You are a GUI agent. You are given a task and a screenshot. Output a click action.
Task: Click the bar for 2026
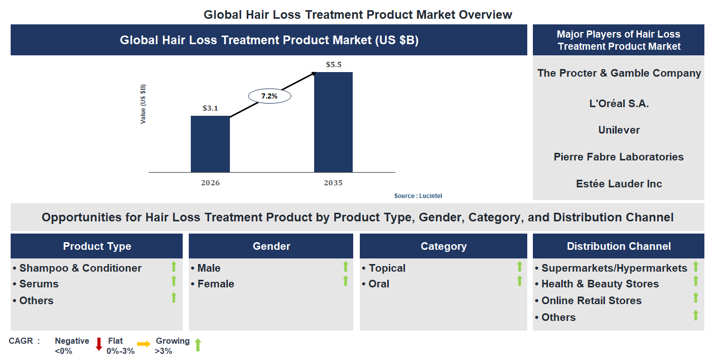point(210,144)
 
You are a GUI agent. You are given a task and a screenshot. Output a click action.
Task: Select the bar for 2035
point(333,122)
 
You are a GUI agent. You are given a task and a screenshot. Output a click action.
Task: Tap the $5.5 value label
point(333,64)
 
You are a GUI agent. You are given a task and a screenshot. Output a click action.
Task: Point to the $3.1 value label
point(210,108)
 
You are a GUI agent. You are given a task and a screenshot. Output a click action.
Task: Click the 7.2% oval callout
point(269,96)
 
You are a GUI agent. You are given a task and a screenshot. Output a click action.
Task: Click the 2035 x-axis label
point(333,183)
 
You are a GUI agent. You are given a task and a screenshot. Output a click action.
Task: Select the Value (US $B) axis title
point(143,104)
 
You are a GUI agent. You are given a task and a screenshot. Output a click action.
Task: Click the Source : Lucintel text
point(415,196)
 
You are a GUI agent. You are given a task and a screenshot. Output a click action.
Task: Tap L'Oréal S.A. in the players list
point(619,104)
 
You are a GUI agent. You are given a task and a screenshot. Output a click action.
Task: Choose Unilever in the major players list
point(619,130)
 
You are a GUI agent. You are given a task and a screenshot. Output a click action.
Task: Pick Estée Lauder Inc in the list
point(619,184)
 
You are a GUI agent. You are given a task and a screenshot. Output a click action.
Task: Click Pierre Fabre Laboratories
point(619,157)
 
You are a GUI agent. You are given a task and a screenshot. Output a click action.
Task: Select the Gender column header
point(271,246)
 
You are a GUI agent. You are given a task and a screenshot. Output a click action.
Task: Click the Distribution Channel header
point(618,246)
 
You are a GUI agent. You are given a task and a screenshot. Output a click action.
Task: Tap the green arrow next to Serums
point(174,281)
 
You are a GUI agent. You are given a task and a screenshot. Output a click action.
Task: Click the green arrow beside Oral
point(519,281)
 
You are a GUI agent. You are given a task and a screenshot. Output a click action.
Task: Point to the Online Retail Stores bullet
point(591,301)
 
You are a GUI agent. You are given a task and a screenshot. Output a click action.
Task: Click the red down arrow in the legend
point(99,344)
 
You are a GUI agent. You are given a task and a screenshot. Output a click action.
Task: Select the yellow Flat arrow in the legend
point(144,344)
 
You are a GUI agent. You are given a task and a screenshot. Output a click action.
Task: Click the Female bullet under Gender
point(215,284)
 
